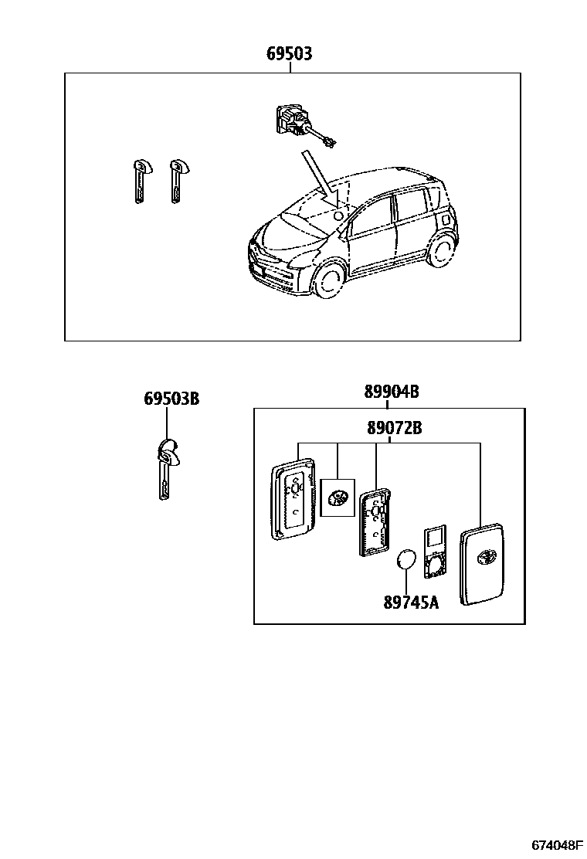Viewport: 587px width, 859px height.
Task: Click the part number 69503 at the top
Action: [x=290, y=54]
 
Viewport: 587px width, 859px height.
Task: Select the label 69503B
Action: [x=171, y=399]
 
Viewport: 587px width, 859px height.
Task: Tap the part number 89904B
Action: [x=392, y=392]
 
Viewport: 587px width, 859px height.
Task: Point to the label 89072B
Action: [x=394, y=427]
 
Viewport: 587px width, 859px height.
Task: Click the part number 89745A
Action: [x=410, y=602]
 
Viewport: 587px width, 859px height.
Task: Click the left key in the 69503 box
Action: [x=138, y=181]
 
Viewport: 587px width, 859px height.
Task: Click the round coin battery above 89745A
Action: [x=407, y=561]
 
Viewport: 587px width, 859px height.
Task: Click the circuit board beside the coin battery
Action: [x=435, y=552]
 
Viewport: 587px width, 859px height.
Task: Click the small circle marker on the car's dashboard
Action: [x=338, y=217]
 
